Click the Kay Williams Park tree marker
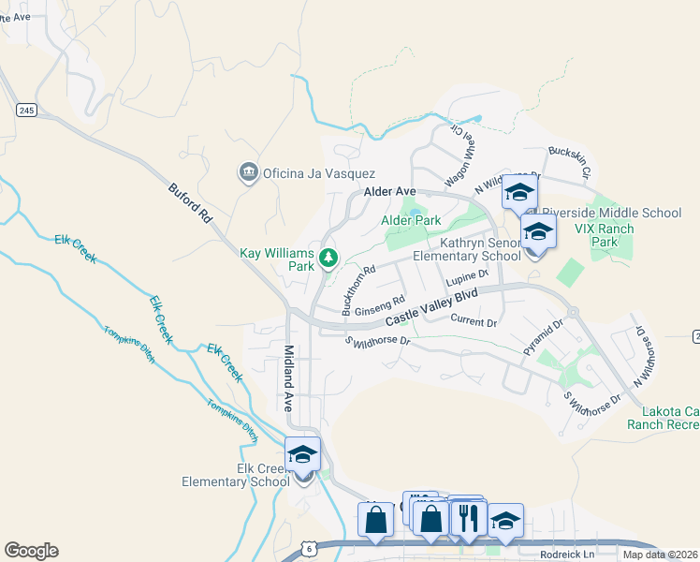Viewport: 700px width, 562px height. pos(328,257)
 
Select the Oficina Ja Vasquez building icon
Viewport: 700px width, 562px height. pos(248,172)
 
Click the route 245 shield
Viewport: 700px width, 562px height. pos(26,111)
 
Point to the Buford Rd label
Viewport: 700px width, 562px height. pos(191,202)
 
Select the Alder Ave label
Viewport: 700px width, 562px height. pos(389,191)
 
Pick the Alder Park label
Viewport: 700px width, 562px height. pos(411,220)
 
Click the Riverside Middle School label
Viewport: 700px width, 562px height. pos(612,213)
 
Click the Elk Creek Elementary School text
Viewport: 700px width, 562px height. pos(236,475)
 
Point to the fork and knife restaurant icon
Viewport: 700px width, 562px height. pos(469,517)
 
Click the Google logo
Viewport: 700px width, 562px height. pos(31,551)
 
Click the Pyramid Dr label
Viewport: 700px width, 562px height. pos(544,337)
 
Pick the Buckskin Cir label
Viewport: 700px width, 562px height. pos(570,160)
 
